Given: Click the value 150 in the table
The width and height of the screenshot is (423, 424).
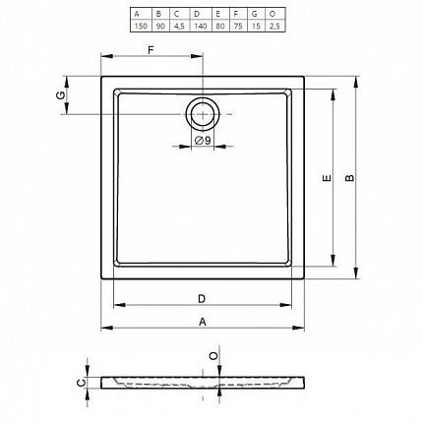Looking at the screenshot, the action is [x=141, y=26].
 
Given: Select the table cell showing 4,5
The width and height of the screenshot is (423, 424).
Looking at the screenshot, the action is [x=179, y=26].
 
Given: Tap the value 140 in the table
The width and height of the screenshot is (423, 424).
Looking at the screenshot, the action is [x=200, y=26].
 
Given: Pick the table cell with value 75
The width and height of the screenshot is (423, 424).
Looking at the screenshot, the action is [x=238, y=26].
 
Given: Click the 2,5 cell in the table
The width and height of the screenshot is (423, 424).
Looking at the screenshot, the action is [x=274, y=26].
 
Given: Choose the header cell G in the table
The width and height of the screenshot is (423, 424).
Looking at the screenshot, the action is [x=255, y=14].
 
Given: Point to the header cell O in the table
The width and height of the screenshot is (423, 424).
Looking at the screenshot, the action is [x=272, y=14].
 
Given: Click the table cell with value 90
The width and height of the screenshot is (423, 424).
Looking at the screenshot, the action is [x=160, y=26].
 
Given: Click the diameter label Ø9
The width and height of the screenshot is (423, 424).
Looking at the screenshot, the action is [x=203, y=141].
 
